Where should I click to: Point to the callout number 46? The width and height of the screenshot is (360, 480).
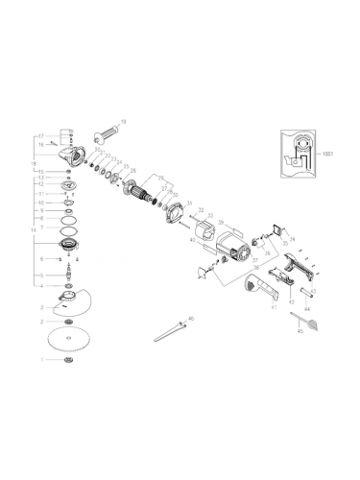190,318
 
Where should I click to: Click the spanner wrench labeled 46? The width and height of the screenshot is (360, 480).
170,328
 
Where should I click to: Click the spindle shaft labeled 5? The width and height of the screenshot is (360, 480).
66,272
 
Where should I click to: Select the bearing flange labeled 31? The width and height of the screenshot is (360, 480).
175,212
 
